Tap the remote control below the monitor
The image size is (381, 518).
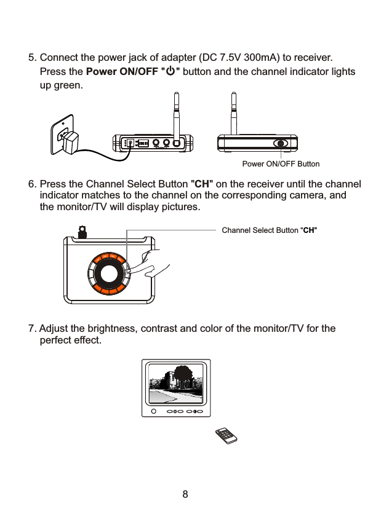(226, 436)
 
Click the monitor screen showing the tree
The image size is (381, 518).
(178, 382)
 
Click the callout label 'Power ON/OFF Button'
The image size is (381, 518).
(281, 164)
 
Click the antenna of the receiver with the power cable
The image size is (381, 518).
(177, 114)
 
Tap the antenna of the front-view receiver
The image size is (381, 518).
(233, 114)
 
